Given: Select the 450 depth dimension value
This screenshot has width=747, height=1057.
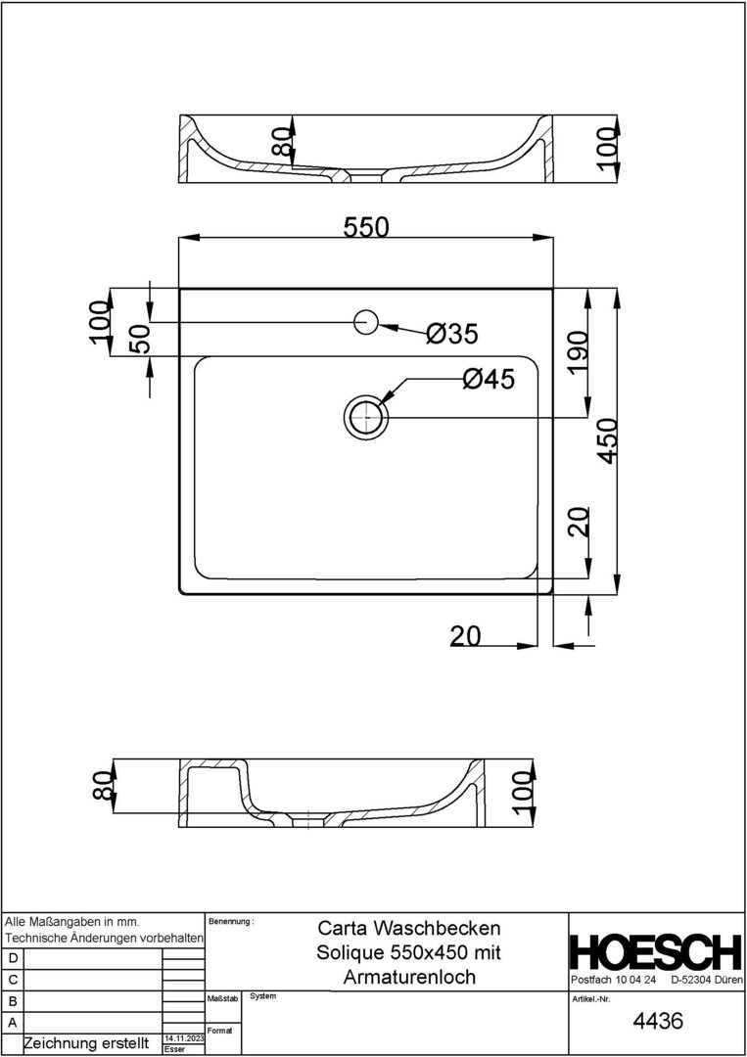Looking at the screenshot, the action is pos(607,440).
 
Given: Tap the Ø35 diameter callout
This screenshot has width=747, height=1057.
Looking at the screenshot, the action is pos(451,333).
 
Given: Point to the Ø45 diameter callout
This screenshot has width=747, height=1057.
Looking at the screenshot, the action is pos(489,379).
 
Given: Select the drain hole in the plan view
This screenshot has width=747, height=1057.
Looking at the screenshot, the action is pos(365,417).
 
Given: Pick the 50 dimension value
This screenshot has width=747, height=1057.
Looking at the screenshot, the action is pos(139,339).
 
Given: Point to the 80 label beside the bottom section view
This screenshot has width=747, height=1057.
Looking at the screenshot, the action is pos(102,784).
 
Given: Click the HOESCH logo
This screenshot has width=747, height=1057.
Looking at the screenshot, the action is pos(655,952).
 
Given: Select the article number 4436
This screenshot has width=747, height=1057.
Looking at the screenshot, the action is pos(658,1021).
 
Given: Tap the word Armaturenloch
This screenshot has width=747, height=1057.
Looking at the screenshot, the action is pos(409,977).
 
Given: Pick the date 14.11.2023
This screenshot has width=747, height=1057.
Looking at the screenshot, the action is pos(183,1038).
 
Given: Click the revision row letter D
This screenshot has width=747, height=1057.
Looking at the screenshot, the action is pos(13,958).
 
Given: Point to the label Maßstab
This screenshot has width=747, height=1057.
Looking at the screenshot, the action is pos(222,998).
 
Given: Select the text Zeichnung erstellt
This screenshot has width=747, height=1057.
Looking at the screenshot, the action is pos(86,1043).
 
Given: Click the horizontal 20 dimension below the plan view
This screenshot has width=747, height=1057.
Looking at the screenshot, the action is pos(466,635).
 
